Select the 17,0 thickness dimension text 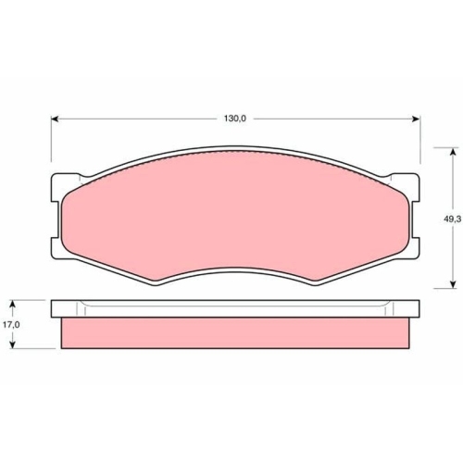[10, 325]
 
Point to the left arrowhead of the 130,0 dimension [54, 119]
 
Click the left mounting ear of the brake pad [56, 215]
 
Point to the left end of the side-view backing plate [54, 308]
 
